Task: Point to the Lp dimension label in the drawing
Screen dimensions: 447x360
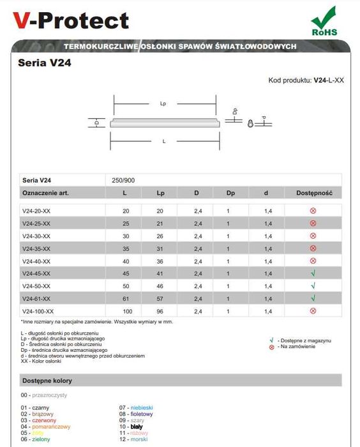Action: click(163, 103)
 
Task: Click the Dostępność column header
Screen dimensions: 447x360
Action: click(313, 192)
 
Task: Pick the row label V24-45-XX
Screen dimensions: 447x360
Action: click(36, 273)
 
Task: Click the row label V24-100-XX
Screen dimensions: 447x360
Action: click(38, 310)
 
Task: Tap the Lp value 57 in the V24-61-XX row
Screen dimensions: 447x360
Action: click(160, 298)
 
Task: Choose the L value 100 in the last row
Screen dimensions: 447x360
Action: click(124, 310)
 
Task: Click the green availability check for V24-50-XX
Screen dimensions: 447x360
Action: click(313, 285)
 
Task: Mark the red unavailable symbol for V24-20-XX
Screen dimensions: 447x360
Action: click(313, 211)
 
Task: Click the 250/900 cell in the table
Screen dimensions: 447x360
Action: click(123, 180)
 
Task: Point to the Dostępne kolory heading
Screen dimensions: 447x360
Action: click(47, 381)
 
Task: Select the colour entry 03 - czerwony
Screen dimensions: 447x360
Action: click(38, 420)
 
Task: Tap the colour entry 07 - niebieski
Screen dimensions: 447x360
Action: click(136, 407)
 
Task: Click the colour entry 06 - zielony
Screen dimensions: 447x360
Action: click(36, 439)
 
